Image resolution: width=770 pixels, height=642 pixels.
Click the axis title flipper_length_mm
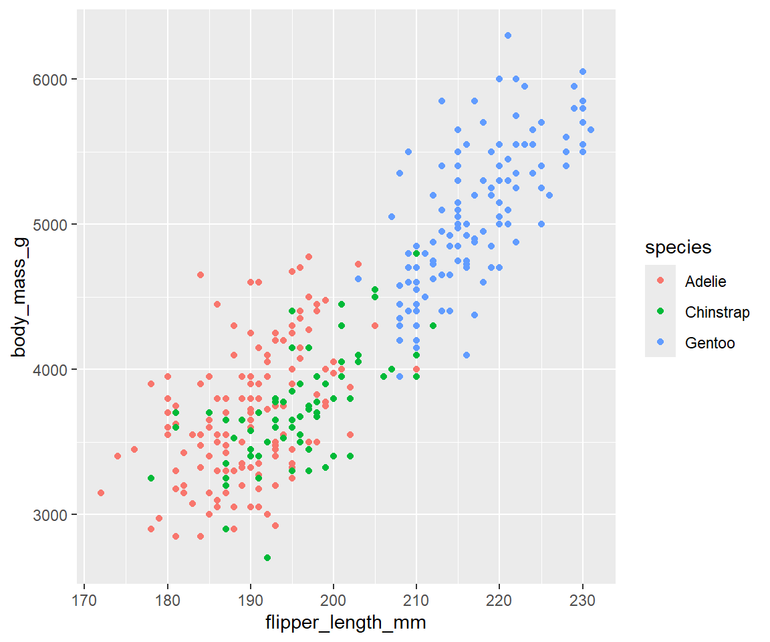[x=346, y=623]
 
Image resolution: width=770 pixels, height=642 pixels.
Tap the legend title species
[x=678, y=247]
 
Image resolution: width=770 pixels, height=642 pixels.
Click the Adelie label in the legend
[x=705, y=282]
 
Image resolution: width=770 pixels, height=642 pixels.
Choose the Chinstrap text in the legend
[x=717, y=312]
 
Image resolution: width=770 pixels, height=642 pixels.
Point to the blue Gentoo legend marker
[x=660, y=343]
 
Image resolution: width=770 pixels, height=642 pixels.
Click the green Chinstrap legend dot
[x=660, y=312]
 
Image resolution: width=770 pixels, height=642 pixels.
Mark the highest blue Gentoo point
[x=508, y=35]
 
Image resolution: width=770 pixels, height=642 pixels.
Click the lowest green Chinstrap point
[x=267, y=558]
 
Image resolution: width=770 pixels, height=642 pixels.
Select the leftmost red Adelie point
[x=101, y=493]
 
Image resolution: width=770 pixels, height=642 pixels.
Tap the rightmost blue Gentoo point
[x=591, y=130]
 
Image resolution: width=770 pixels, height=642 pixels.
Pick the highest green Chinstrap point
[x=416, y=253]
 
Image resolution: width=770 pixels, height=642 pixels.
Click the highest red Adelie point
[x=309, y=257]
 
